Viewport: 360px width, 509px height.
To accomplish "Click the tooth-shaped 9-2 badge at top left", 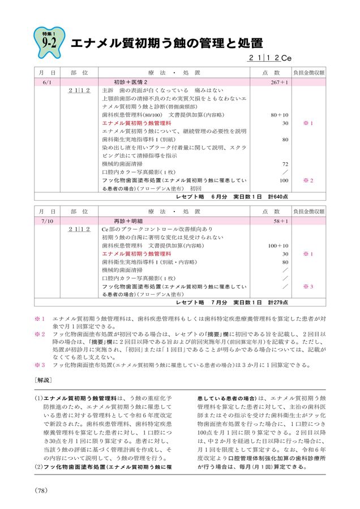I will [x=48, y=41].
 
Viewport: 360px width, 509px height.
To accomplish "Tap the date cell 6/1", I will [x=47, y=82].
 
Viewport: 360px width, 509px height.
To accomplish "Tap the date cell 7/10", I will [x=47, y=222].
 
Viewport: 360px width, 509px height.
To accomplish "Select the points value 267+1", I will [x=279, y=82].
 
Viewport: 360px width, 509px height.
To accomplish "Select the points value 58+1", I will [x=281, y=222].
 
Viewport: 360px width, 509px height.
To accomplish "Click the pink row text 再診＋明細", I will [x=130, y=222].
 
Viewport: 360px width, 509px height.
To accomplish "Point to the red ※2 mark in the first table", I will [x=308, y=180].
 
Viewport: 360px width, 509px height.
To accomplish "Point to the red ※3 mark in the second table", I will [x=308, y=287].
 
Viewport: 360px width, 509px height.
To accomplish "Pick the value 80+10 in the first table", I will [x=280, y=115].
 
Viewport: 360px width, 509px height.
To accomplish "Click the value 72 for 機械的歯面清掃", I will [x=285, y=164].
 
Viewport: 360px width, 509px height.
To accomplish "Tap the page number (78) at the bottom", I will [x=43, y=490].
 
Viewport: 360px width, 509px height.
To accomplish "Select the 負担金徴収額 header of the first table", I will [x=308, y=73].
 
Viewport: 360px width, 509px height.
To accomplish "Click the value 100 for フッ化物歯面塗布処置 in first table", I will [x=284, y=180].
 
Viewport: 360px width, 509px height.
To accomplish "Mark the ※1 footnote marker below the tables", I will [x=39, y=319].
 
